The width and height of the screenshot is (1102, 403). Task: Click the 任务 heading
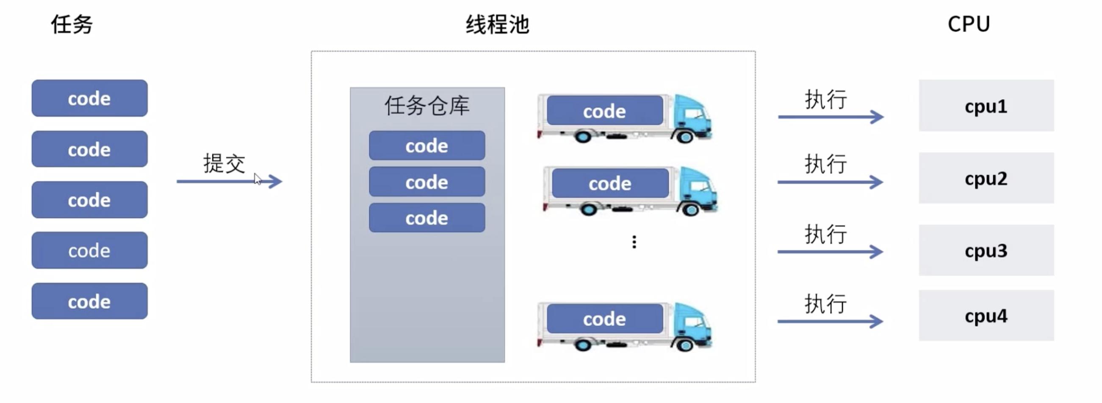coord(72,24)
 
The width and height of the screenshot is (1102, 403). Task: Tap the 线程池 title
coord(497,25)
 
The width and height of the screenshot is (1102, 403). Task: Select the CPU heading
coord(969,24)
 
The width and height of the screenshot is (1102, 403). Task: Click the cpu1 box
coord(986,106)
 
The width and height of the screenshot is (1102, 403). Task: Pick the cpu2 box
coord(986,178)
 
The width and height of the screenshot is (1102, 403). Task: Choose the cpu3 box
coord(986,251)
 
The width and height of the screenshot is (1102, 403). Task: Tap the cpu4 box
coord(986,316)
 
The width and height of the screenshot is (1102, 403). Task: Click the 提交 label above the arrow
coord(224,163)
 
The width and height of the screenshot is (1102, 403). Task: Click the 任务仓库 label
coord(427,105)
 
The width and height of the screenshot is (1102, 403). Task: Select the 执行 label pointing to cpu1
coord(825,99)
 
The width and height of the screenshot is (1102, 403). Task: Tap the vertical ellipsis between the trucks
coord(634,242)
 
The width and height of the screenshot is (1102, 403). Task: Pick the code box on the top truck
coord(604,111)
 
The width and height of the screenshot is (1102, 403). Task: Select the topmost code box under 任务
coord(89,98)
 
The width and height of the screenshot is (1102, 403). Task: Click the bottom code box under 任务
coord(89,301)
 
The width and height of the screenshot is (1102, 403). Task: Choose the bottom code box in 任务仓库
coord(427,218)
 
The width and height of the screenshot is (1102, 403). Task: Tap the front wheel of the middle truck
coord(691,210)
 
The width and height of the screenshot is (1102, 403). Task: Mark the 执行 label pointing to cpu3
coord(825,234)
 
